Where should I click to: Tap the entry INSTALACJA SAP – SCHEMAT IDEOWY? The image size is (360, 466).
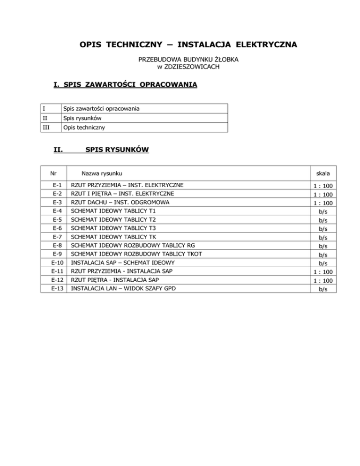(123, 263)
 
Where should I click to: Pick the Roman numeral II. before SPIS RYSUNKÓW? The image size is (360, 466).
(59, 150)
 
